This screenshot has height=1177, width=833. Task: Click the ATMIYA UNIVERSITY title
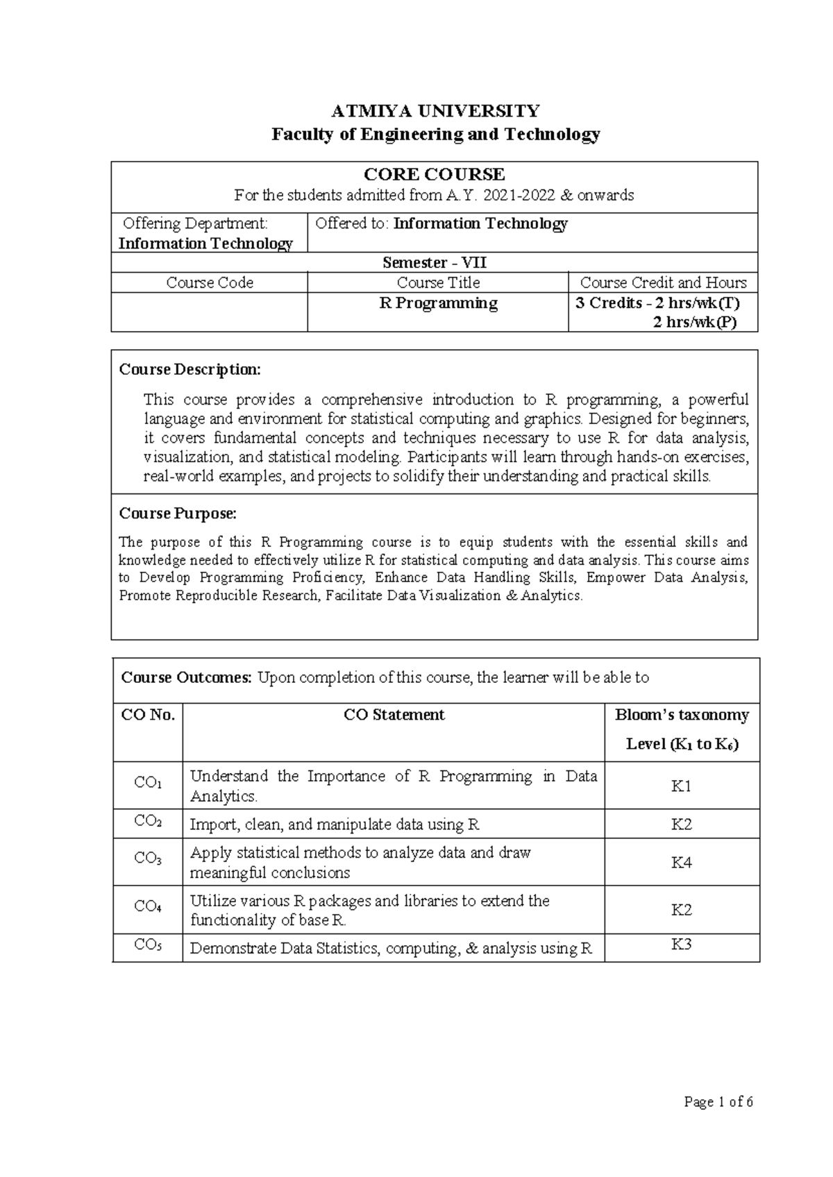click(435, 111)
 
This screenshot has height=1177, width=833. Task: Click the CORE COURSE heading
click(435, 174)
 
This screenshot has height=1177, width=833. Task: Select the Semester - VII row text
click(435, 263)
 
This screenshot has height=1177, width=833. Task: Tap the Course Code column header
click(210, 282)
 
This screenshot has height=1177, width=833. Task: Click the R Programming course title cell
click(438, 303)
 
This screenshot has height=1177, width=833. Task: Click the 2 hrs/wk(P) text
click(695, 322)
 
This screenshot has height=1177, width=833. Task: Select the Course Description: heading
click(190, 369)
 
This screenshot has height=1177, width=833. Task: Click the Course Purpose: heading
click(178, 513)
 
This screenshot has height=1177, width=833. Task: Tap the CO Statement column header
click(394, 715)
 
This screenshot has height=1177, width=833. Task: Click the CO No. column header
click(148, 715)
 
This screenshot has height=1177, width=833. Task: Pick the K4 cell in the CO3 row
click(681, 863)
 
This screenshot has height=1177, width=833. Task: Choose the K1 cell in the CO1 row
click(681, 786)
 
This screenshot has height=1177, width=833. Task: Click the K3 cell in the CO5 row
click(681, 945)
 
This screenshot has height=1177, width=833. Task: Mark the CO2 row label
click(148, 822)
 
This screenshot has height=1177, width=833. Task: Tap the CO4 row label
click(148, 906)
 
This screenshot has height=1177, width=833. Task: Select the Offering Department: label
click(194, 223)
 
